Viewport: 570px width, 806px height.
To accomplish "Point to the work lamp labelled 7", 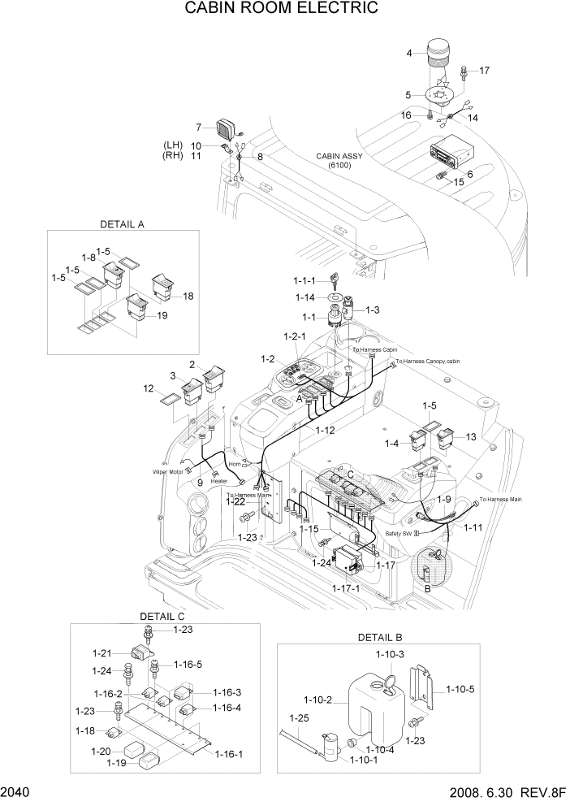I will [x=225, y=128].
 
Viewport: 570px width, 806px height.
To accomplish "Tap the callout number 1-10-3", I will [x=390, y=654].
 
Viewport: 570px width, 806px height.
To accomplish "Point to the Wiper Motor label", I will [x=168, y=471].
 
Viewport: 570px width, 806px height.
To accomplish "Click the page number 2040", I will [x=18, y=792].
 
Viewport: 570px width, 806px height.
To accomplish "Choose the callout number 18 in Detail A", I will [x=188, y=297].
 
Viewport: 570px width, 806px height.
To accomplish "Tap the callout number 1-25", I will [x=299, y=717].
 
